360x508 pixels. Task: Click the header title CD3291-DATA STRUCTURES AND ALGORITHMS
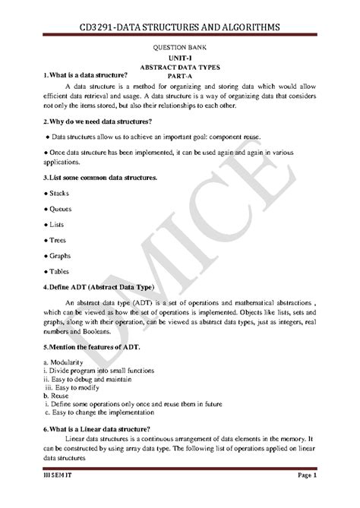180,27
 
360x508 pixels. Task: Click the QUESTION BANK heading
180,47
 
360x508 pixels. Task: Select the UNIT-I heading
180,58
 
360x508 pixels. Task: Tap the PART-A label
180,76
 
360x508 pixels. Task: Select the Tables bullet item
60,271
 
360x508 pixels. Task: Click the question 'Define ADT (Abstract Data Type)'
99,287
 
